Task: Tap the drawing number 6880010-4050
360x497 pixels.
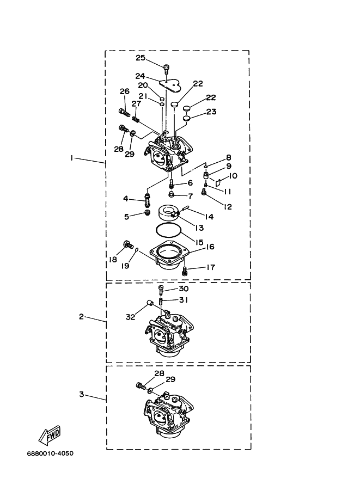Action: coord(50,453)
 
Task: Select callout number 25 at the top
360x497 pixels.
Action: coord(141,58)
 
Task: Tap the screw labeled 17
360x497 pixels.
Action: coord(185,271)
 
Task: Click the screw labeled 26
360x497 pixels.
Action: coord(125,112)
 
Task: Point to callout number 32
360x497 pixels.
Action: coord(130,317)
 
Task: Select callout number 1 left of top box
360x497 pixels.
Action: coord(72,157)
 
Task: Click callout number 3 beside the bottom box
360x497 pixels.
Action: coord(82,394)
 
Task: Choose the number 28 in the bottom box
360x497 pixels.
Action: coord(159,373)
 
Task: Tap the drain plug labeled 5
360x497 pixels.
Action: coord(147,213)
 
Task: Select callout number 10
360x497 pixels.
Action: coord(233,176)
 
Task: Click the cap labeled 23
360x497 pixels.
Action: coord(187,119)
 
